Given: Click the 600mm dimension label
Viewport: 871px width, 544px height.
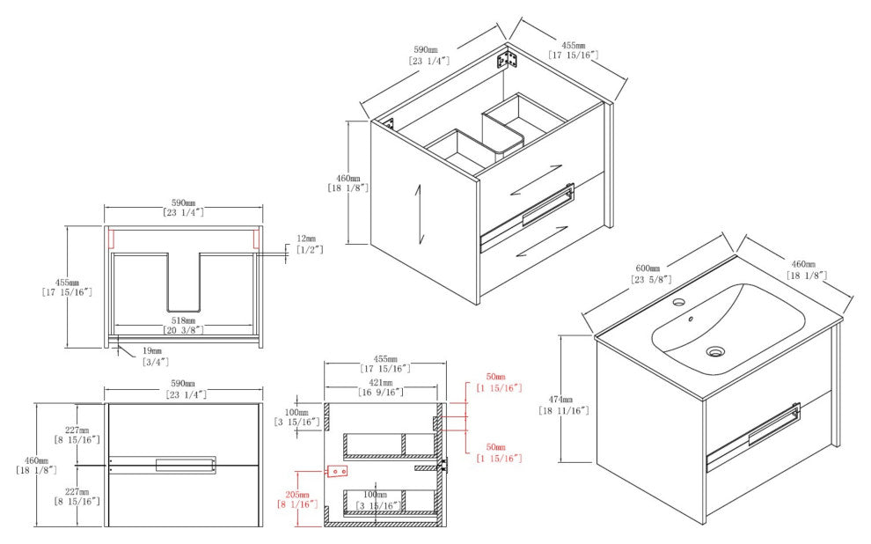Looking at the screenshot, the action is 648,268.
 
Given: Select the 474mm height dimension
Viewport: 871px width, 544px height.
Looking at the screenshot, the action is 564,400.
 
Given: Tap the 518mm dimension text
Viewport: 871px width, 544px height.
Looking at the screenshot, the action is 183,320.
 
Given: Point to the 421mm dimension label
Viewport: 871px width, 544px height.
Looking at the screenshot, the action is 381,382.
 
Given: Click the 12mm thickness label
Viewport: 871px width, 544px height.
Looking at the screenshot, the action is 307,239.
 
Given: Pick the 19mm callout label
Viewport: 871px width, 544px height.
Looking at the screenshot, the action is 152,351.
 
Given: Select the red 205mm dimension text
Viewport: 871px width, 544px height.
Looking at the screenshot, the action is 296,495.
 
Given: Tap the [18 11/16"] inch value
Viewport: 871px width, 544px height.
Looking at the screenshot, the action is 564,410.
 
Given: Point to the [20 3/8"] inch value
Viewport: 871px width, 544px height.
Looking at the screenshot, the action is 183,331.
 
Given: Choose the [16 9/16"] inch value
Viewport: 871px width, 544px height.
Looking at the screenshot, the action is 381,393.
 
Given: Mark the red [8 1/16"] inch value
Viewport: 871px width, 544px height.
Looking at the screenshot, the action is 297,504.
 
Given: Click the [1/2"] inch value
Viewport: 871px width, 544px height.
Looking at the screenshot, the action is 310,250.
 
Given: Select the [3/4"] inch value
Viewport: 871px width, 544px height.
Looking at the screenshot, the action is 156,363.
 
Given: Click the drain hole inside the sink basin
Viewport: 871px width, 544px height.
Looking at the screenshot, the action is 715,351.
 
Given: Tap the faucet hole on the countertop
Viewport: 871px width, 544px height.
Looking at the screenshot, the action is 678,303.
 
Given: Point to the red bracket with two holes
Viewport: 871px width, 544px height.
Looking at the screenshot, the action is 338,471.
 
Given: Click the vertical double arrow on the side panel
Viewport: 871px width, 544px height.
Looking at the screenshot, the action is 421,213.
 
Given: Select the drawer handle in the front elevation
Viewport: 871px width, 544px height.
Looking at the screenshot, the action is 186,466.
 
